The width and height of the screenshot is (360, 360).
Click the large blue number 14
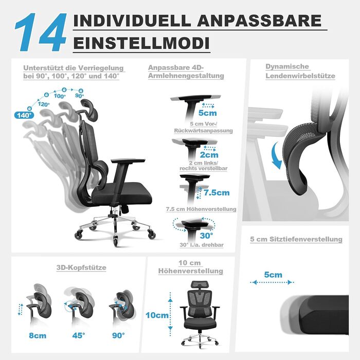pos(41,32)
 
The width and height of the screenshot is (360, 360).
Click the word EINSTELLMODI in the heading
pos(141,43)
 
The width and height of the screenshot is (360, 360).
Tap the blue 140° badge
pos(24,115)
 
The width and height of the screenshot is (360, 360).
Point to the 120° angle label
pos(43,104)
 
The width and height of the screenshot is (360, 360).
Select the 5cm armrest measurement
pos(208,113)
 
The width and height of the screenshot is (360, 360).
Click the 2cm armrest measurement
pos(209,155)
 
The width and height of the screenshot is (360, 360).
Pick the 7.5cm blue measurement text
pos(217,193)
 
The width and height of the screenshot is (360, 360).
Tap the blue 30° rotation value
pos(206,236)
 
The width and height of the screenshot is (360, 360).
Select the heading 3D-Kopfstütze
pos(81,267)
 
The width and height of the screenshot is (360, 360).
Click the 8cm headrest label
pos(38,335)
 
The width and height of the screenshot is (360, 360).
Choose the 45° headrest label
pos(79,335)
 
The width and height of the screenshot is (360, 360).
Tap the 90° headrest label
pos(118,335)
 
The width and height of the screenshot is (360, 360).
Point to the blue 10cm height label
pos(157,315)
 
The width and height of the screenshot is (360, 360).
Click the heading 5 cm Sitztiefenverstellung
pos(296,239)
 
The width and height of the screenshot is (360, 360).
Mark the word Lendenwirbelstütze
pos(300,76)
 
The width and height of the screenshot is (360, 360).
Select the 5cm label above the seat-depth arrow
pos(273,275)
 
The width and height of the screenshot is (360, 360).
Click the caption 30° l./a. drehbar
pos(202,245)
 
